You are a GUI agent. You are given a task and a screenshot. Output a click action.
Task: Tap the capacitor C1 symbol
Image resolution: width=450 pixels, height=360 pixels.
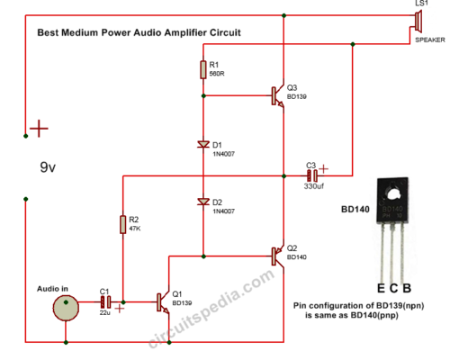coord(104,301)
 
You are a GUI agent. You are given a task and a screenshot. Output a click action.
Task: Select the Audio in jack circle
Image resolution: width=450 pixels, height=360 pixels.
coord(66,307)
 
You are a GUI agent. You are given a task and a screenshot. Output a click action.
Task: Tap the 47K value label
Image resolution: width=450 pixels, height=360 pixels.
coord(133,229)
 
